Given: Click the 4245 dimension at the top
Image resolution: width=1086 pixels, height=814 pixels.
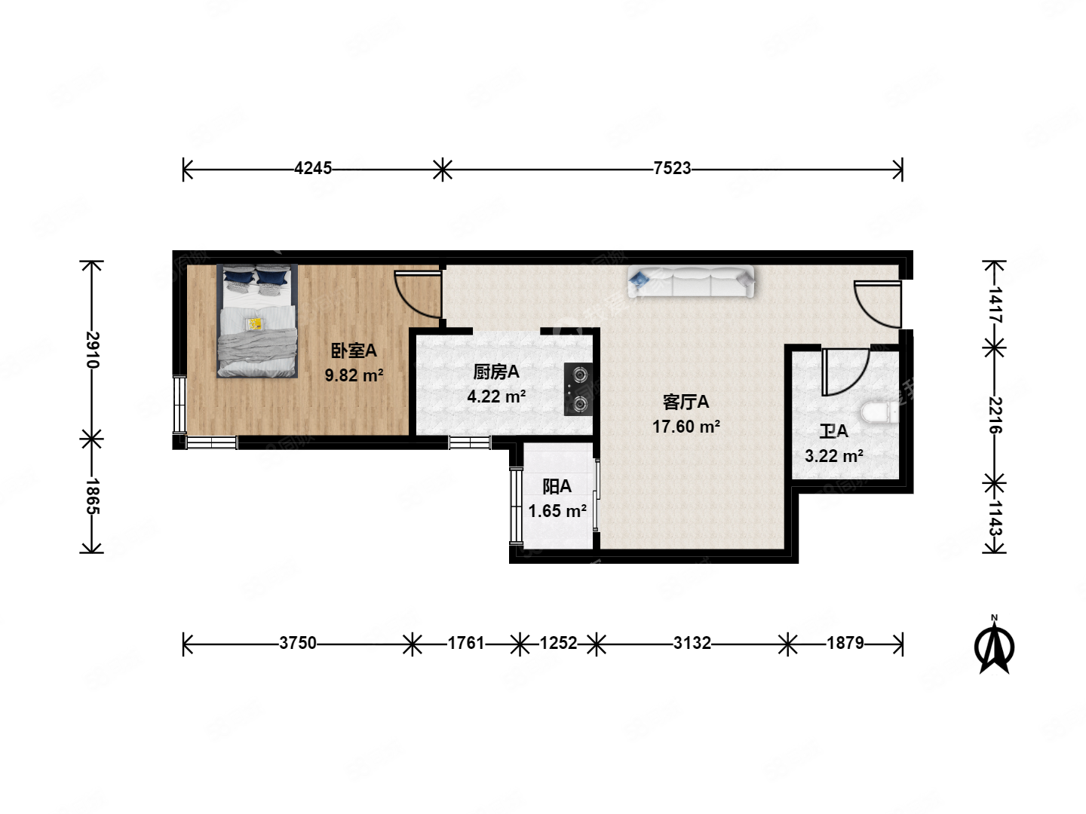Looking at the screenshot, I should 313,168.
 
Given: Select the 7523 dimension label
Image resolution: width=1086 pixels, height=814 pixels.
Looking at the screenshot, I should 672,168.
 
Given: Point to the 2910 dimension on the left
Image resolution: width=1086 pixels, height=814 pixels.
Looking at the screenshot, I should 93,350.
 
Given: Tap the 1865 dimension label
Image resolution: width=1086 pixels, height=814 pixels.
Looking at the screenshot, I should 93,496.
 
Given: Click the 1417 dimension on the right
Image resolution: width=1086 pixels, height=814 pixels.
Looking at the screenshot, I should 995,304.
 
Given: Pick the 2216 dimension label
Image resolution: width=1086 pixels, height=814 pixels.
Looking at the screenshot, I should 995,415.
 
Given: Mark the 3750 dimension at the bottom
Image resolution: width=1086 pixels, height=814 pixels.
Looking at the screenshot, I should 298,643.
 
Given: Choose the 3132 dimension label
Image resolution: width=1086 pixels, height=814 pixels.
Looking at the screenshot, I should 692,643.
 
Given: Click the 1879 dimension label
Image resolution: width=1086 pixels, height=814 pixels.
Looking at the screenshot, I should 845,643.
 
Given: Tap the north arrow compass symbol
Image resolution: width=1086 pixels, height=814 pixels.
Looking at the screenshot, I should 994,645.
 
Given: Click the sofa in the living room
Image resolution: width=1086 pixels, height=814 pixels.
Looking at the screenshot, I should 692,281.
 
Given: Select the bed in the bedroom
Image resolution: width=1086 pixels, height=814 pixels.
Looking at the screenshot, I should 256,321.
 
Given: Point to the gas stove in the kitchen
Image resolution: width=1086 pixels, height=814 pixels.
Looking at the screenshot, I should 578,389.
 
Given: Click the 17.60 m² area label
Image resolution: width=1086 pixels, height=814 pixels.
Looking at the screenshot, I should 686,427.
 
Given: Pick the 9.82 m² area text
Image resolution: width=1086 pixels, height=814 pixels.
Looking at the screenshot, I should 354,375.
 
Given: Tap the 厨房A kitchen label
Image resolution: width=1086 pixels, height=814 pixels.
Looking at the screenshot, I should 495,372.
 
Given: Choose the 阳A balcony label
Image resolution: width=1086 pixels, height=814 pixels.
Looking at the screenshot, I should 557,487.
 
